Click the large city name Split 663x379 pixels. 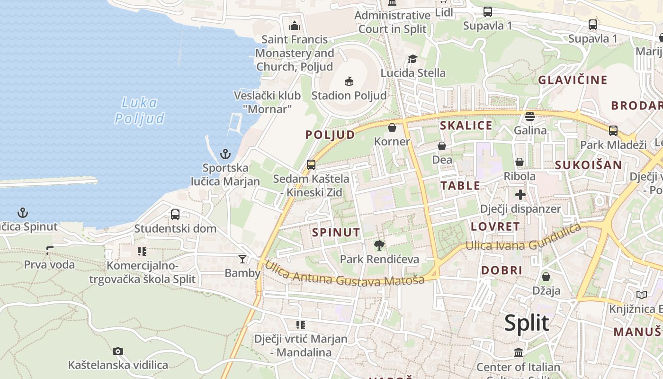point(526,324)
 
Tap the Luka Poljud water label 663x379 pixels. point(139,110)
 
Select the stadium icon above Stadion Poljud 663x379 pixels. point(349,81)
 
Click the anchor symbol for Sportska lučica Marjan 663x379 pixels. point(225,154)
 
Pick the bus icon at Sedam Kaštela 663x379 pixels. point(311,165)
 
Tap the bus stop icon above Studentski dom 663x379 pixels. point(175,214)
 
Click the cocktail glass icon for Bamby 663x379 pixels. point(242,259)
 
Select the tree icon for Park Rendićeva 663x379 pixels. point(379,245)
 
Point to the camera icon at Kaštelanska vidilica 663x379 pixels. point(118,351)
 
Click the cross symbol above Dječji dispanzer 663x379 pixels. point(520,194)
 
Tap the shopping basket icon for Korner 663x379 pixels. point(392,127)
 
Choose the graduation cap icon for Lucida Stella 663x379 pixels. point(413,59)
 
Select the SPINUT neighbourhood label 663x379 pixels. point(336,233)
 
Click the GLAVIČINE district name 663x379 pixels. point(573,80)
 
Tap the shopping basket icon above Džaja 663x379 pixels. point(546,277)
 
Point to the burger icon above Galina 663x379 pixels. point(530,116)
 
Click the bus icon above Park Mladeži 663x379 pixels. point(613,130)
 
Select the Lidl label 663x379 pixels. point(444,12)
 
